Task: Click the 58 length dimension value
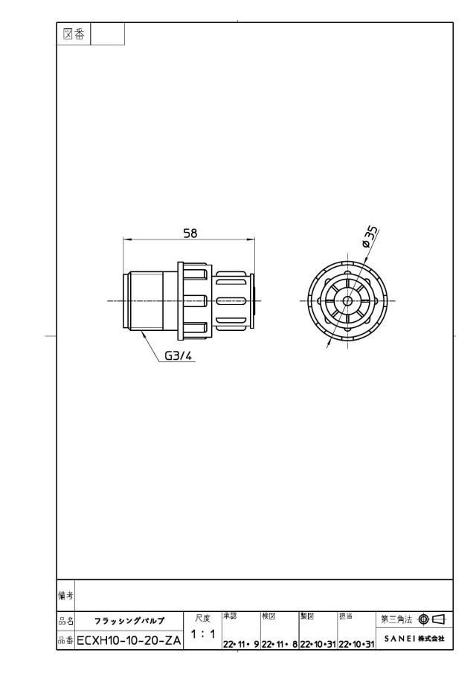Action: pos(190,233)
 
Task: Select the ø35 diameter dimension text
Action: pos(370,237)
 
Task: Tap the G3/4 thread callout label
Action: pos(178,355)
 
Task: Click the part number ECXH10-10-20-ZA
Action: pos(129,641)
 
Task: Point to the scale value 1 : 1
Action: pos(202,634)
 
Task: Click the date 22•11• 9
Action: pos(241,644)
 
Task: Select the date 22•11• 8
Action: pos(280,644)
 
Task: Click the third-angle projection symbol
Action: pos(432,619)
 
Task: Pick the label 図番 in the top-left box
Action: pos(74,34)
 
